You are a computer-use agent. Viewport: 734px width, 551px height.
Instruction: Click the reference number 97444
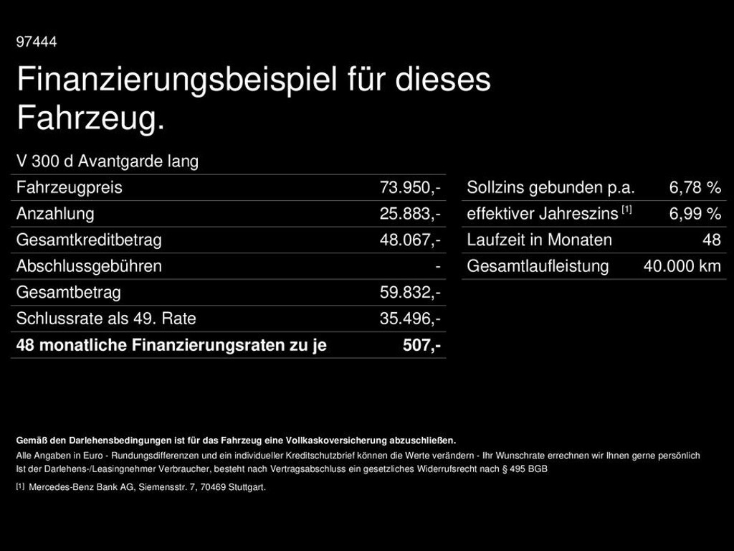coord(37,42)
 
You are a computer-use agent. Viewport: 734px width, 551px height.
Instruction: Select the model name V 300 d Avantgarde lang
coord(108,161)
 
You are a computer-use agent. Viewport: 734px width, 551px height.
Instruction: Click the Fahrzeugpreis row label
coord(70,188)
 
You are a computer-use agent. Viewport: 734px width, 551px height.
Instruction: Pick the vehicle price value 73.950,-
coord(410,188)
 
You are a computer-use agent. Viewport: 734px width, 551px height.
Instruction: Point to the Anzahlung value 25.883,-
coord(410,214)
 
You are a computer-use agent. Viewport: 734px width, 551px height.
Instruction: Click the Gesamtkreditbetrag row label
coord(89,240)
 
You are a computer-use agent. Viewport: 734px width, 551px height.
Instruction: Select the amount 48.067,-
coord(410,240)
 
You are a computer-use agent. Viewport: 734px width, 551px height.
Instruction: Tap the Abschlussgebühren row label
coord(89,266)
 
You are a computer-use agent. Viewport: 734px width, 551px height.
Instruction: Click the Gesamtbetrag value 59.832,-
coord(410,293)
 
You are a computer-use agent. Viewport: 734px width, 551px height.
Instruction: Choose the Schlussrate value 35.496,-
coord(410,319)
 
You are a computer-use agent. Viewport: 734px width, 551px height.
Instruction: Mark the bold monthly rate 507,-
coord(421,345)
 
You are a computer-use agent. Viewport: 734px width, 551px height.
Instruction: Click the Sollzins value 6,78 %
coord(695,188)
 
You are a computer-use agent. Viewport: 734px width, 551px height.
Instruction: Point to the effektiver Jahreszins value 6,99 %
coord(695,214)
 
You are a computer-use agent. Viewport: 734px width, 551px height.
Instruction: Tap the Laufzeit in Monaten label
coord(539,240)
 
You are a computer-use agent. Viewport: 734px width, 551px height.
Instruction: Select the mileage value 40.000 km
coord(682,266)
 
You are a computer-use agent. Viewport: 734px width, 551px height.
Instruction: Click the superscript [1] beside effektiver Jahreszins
coord(626,210)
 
